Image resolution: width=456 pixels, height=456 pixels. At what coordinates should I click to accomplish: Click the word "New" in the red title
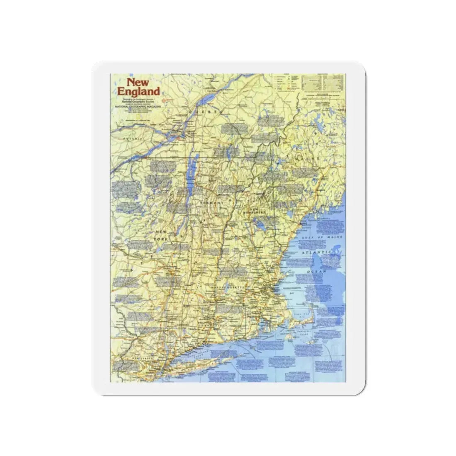136,82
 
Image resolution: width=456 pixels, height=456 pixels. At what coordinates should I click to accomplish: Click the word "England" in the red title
138,91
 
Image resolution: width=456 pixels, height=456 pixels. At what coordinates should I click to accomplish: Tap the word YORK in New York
160,239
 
